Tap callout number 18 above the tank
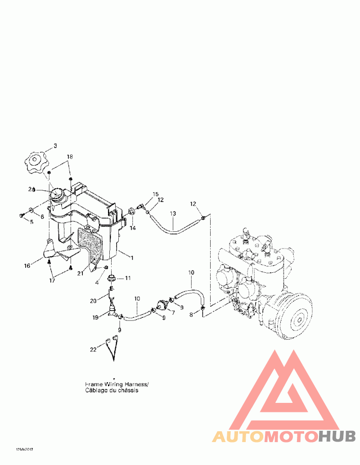point(70,157)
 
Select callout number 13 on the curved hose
point(173,213)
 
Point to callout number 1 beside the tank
point(132,258)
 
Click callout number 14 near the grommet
point(133,228)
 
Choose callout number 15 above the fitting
point(155,194)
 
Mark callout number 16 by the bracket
point(27,266)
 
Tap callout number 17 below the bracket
point(53,280)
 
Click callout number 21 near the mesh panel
point(80,273)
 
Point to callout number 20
point(93,300)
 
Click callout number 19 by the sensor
point(95,317)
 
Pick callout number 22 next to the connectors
point(93,348)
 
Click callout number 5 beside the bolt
point(31,222)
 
